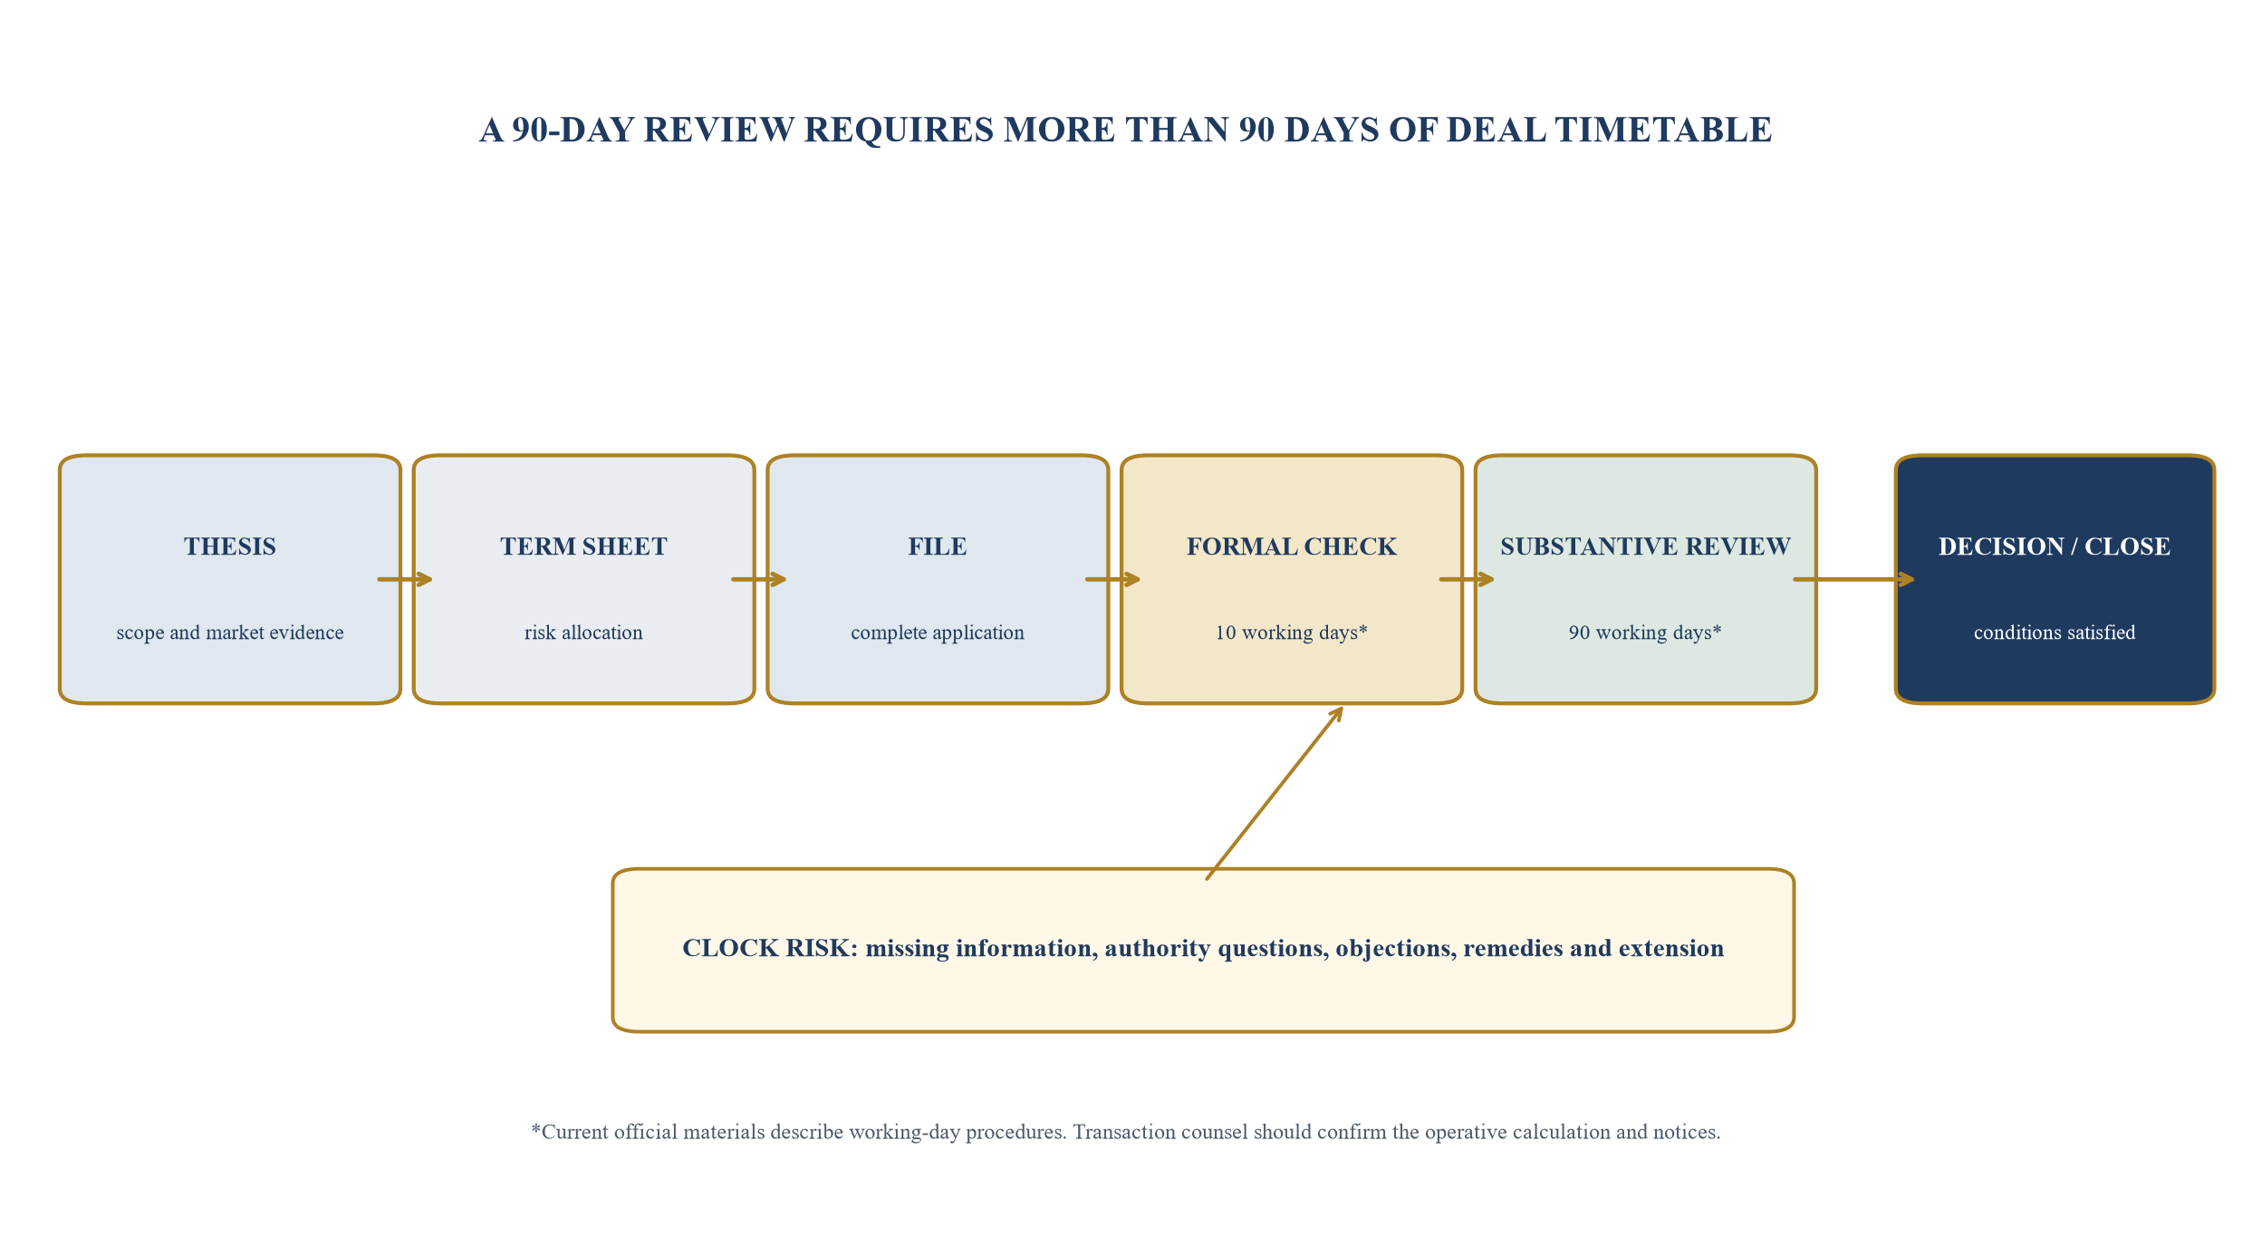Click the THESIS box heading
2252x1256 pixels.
click(230, 546)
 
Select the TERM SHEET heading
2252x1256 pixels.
click(583, 546)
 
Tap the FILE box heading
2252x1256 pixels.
click(938, 546)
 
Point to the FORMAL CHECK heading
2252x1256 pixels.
click(1292, 546)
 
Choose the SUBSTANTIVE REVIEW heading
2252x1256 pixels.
click(1645, 546)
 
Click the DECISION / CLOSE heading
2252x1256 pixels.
click(2055, 546)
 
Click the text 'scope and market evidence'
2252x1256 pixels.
click(230, 633)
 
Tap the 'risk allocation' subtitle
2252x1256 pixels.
click(583, 633)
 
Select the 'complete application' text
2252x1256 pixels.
click(938, 633)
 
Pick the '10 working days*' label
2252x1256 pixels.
click(1292, 633)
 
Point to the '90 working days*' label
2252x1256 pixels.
click(1645, 633)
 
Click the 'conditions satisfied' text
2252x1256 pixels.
click(2055, 633)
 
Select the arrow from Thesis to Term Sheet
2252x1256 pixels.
click(405, 579)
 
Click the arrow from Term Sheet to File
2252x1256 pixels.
click(759, 579)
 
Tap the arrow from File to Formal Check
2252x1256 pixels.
click(1113, 579)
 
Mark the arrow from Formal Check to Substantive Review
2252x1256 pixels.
click(1467, 579)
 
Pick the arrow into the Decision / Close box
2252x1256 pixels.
click(1854, 579)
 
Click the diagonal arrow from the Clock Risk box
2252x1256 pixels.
click(1275, 793)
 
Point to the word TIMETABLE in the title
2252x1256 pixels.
click(1663, 130)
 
